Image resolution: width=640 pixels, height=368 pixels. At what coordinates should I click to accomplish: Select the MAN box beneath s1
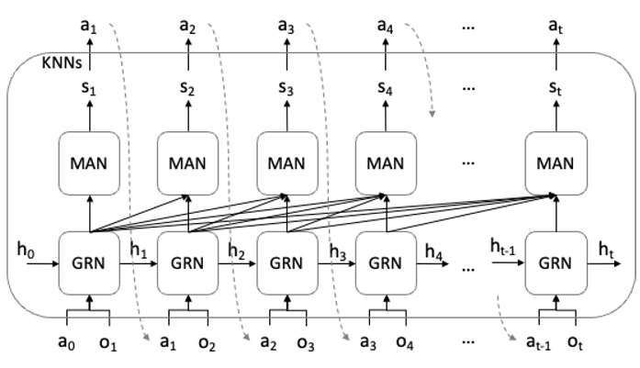[x=89, y=162]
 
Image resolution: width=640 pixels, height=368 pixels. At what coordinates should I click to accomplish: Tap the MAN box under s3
[x=287, y=162]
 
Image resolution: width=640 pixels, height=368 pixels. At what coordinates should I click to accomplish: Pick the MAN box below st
[x=555, y=162]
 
